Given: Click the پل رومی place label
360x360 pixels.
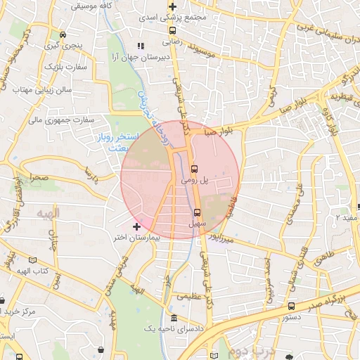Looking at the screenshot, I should pos(195,181).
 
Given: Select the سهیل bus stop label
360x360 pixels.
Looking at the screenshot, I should pos(197,224).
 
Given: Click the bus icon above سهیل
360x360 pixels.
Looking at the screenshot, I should pos(197,212).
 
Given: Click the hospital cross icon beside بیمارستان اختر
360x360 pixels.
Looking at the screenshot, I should pos(136,226).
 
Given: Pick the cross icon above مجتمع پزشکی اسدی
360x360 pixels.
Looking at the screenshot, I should pos(172,7).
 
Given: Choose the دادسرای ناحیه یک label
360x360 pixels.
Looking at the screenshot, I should pos(174,329).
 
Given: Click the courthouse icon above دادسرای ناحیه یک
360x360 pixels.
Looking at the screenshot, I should pos(174,318).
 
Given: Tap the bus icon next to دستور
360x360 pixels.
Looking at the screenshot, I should pos(291,307).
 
